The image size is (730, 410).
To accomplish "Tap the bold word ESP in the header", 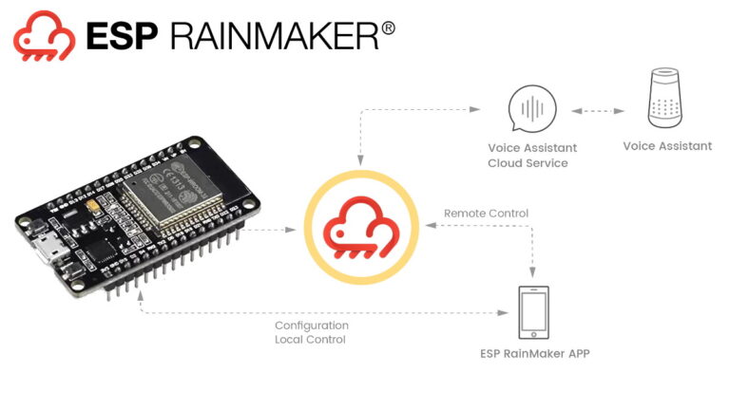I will [121, 35].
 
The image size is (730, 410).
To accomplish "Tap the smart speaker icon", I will [666, 97].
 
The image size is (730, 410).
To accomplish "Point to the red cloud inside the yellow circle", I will [359, 231].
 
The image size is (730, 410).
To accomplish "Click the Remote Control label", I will [486, 214].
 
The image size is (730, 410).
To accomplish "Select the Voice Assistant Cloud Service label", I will [531, 156].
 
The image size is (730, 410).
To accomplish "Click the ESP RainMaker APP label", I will [533, 353].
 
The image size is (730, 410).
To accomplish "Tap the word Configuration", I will [312, 326].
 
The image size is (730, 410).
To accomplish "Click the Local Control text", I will [311, 339].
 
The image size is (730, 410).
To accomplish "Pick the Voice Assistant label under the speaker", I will [666, 146].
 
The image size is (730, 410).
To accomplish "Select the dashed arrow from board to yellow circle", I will [276, 230].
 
